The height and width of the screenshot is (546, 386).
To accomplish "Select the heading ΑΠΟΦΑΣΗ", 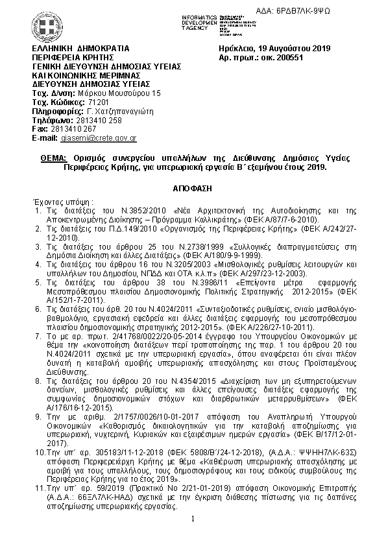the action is point(193,187).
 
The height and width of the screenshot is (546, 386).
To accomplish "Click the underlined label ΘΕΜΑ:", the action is point(52,158).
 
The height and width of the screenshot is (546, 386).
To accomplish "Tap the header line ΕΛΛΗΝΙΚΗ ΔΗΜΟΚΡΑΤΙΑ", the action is point(80,48).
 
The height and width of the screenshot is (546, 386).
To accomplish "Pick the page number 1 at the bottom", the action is point(193,519).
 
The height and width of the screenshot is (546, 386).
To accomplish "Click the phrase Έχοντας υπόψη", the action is point(62,202).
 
